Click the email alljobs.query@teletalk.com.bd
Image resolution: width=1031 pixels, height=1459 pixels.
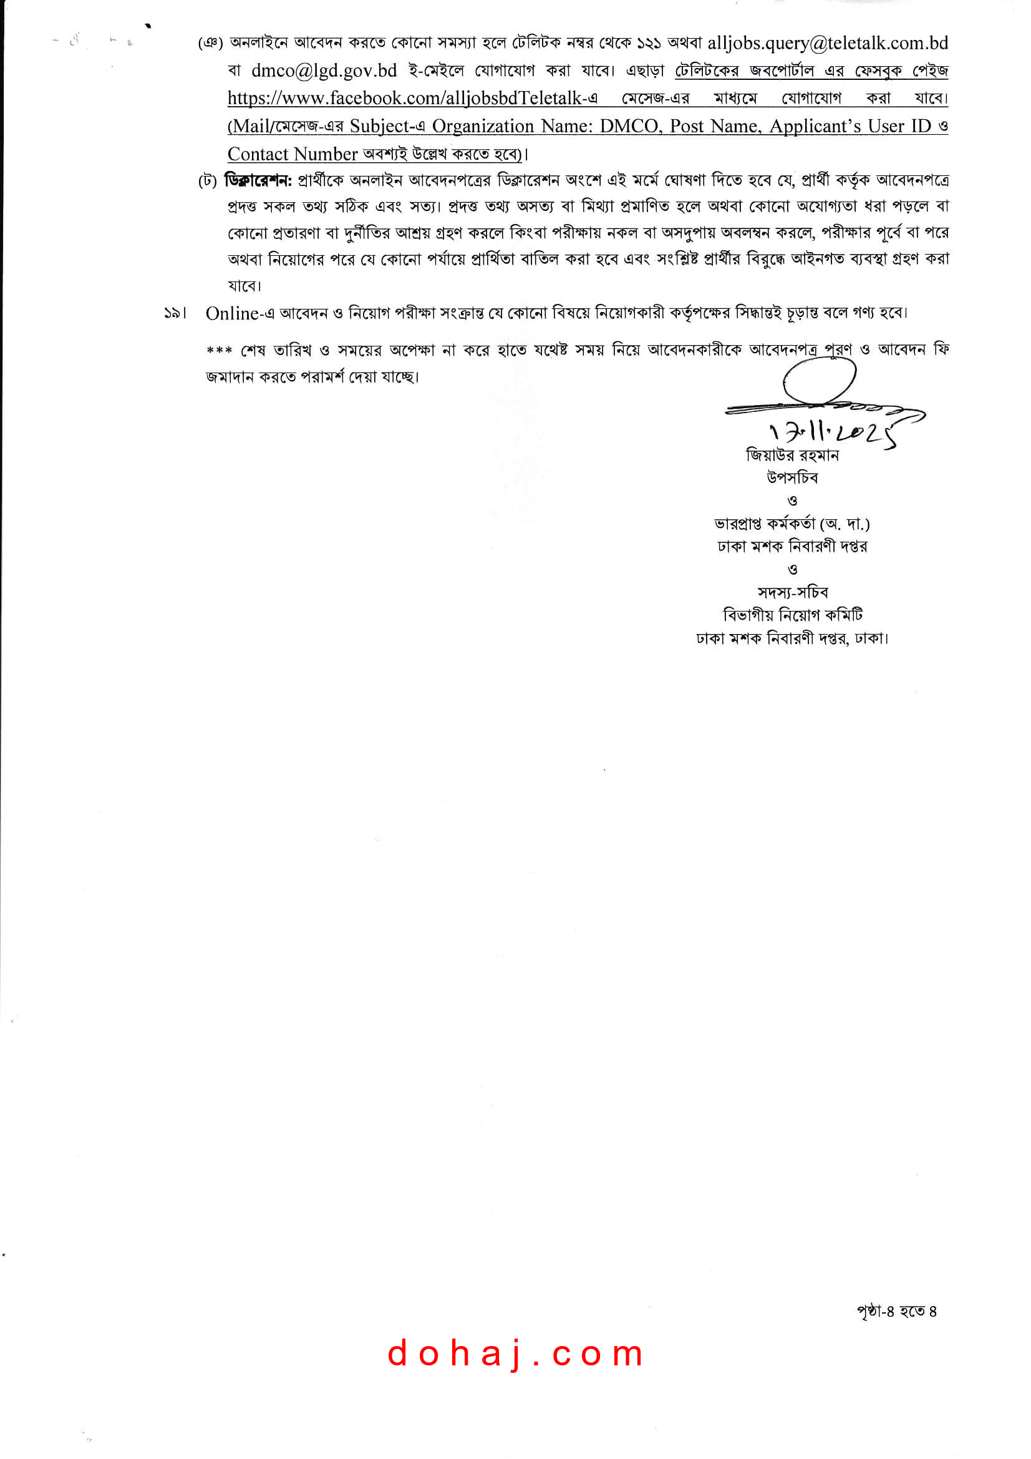coord(827,43)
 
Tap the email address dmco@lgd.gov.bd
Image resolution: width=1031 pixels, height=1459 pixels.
coord(324,71)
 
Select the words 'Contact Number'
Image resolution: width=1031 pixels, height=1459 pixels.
coord(293,154)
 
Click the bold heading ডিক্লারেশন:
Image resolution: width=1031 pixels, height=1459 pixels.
coord(258,181)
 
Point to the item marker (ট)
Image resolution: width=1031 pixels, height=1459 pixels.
coord(208,182)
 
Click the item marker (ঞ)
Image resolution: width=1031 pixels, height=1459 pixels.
coord(210,44)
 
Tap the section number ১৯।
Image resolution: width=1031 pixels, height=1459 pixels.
coord(175,313)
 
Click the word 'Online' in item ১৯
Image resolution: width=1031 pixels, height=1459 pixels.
coord(232,313)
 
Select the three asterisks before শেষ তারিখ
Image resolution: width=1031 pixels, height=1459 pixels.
coord(220,351)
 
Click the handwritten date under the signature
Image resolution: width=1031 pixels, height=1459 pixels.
coord(832,433)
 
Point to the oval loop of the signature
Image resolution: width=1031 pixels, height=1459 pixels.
coord(820,381)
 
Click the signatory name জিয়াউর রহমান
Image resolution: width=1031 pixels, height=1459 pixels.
coord(792,456)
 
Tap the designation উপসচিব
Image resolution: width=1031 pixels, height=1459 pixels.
coord(792,478)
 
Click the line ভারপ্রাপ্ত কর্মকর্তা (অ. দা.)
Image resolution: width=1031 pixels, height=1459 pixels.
coord(792,524)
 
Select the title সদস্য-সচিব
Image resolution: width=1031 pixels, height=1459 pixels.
coord(793,593)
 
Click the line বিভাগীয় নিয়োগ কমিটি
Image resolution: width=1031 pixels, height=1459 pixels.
coord(793,615)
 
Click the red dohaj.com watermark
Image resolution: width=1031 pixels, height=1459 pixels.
coord(515,1353)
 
